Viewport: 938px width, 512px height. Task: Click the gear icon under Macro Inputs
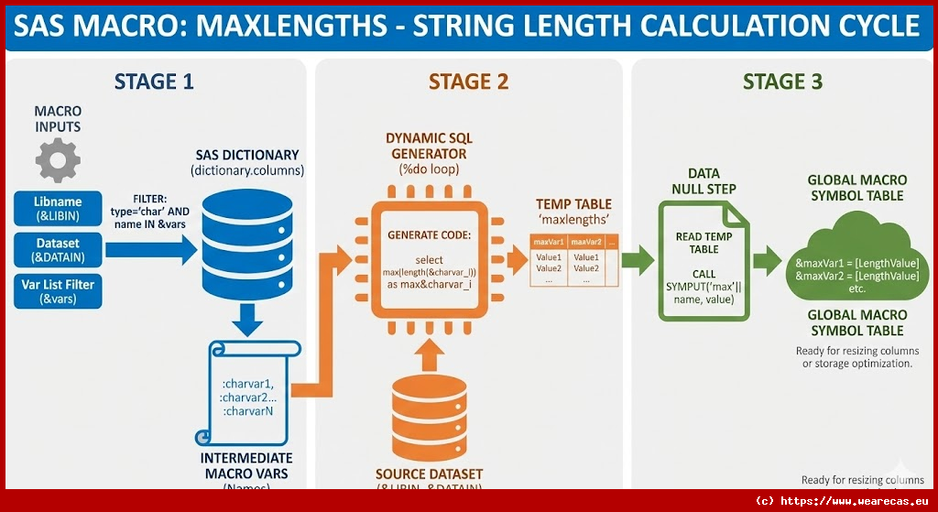point(57,162)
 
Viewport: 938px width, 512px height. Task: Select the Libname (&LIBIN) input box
point(57,208)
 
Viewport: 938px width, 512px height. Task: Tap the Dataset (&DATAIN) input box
point(57,250)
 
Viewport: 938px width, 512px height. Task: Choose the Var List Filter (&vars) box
point(57,291)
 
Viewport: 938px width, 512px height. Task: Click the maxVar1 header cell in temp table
point(548,242)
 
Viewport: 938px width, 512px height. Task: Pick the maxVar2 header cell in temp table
point(585,242)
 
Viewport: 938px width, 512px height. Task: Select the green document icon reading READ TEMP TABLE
point(703,261)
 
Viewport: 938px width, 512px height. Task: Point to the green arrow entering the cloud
point(763,263)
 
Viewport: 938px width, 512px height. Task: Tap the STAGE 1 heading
point(153,82)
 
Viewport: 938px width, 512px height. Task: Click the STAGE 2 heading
point(468,82)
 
